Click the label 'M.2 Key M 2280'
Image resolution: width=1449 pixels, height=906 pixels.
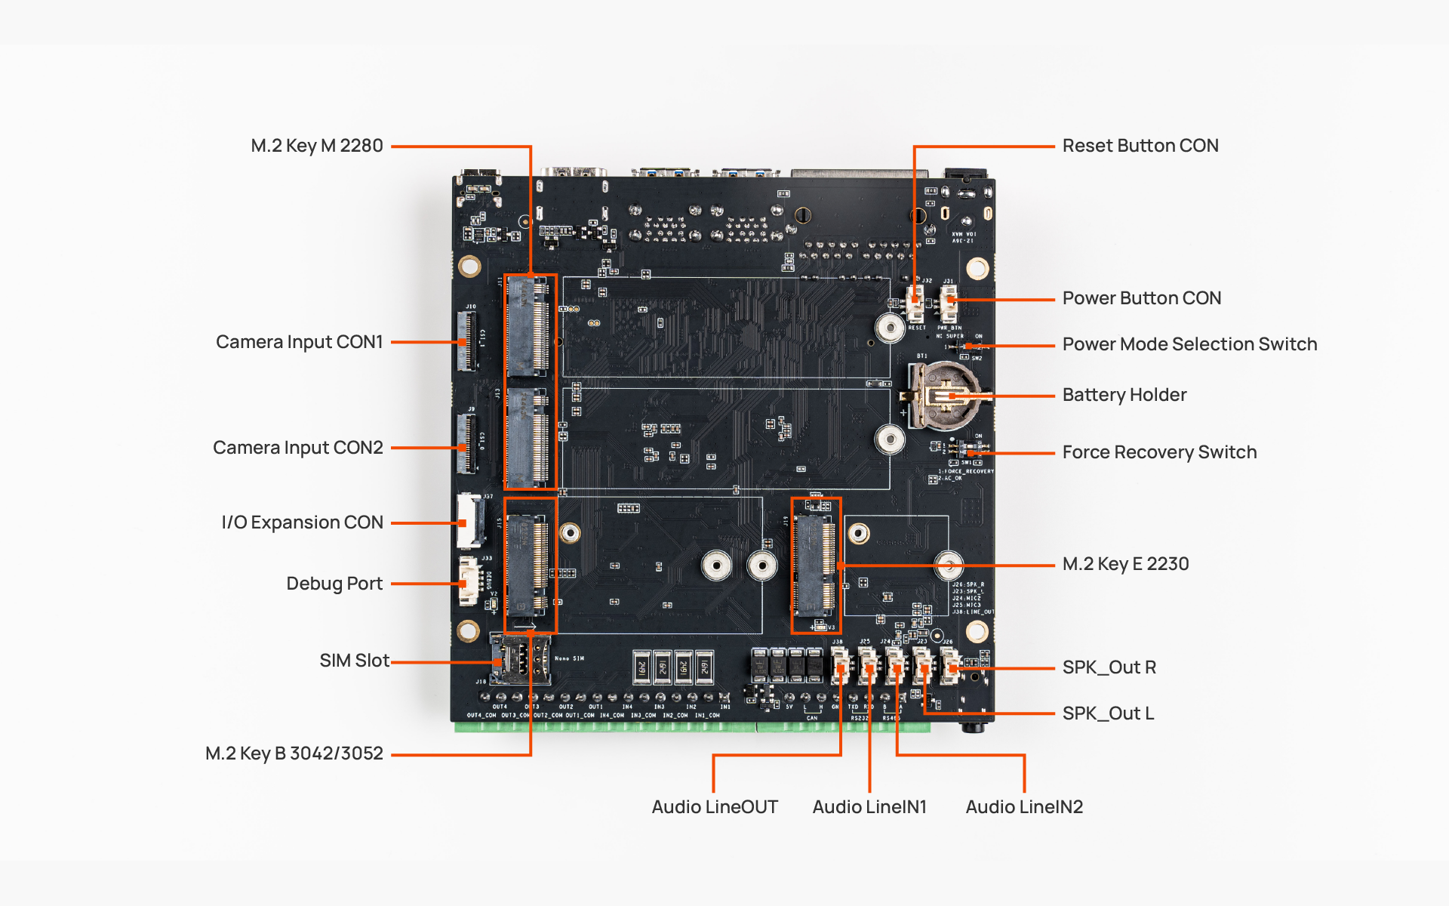(x=317, y=146)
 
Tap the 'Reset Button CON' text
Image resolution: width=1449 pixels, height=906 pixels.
(x=1140, y=146)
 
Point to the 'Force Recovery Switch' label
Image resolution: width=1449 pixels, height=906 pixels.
(x=1159, y=452)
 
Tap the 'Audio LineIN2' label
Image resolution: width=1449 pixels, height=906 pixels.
(x=1024, y=807)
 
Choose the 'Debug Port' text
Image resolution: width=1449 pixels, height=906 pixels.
(x=334, y=584)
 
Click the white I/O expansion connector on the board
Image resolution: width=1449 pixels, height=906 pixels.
(x=470, y=521)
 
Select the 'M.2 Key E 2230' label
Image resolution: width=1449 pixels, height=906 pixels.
(x=1125, y=564)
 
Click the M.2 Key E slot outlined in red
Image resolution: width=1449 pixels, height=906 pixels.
(x=815, y=565)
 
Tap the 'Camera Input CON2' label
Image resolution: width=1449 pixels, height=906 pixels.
(x=298, y=448)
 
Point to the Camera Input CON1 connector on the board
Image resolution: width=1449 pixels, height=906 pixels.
(x=467, y=341)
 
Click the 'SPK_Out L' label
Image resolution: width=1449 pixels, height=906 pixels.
(x=1108, y=713)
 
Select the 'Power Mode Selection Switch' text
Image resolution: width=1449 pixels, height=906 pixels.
(x=1189, y=344)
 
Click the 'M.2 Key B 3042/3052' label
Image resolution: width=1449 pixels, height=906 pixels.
(x=294, y=753)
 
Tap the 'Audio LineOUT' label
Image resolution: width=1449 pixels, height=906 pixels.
(x=715, y=807)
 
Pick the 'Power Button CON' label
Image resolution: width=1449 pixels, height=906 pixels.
(x=1141, y=298)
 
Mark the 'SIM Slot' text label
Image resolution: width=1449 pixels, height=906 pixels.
(x=354, y=661)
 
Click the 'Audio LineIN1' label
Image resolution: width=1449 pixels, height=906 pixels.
(x=869, y=807)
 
